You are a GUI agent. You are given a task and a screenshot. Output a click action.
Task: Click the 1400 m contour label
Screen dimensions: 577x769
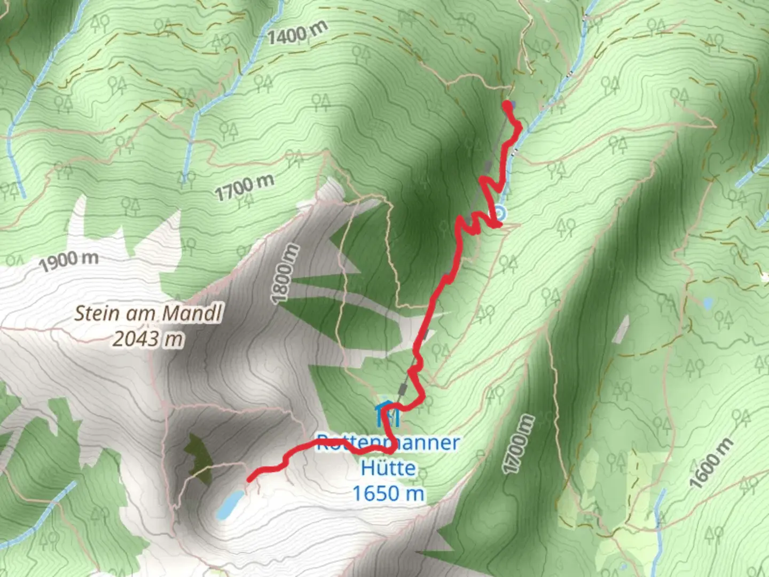coord(296,34)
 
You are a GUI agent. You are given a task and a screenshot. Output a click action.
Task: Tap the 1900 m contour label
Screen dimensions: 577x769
coord(68,261)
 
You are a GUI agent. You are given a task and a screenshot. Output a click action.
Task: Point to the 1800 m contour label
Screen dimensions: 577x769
coord(283,274)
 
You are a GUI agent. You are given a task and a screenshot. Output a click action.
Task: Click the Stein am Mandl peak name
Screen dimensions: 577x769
coord(147,313)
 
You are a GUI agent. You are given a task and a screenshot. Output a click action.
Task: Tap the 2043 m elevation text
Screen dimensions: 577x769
coord(147,338)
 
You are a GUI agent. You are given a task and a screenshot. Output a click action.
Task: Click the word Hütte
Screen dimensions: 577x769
coord(388,468)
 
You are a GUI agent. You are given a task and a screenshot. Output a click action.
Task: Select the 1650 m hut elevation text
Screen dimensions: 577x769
coord(388,493)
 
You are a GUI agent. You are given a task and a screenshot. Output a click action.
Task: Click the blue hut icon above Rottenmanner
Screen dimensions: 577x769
coord(387,415)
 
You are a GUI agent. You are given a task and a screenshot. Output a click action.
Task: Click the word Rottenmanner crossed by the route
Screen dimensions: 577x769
coord(388,443)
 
